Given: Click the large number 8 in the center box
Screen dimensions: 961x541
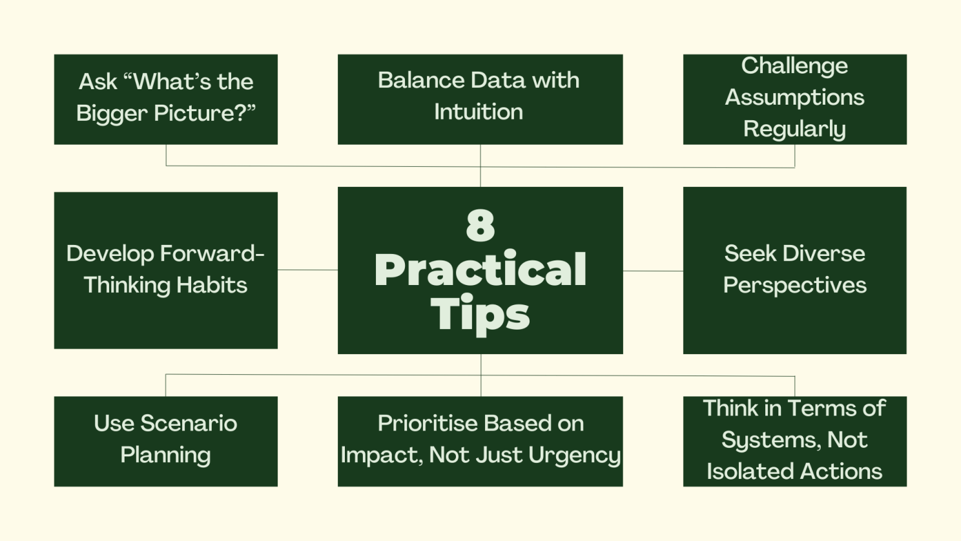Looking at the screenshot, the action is pyautogui.click(x=480, y=225).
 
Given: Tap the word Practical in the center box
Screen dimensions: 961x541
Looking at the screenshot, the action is pyautogui.click(x=480, y=270).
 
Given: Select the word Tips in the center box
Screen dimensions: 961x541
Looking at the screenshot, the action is pyautogui.click(x=480, y=314).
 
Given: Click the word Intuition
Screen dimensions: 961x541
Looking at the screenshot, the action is pyautogui.click(x=479, y=112).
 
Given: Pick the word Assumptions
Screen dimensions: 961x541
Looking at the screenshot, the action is pyautogui.click(x=794, y=98).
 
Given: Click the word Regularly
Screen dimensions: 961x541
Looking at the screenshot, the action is pyautogui.click(x=794, y=129).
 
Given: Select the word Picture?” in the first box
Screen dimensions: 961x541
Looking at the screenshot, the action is pyautogui.click(x=205, y=112).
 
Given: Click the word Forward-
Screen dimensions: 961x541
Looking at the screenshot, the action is pyautogui.click(x=212, y=253).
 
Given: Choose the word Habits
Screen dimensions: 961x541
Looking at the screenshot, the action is pyautogui.click(x=212, y=285).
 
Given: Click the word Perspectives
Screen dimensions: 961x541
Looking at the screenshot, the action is pyautogui.click(x=795, y=286).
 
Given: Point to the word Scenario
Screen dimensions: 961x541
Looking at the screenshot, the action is pyautogui.click(x=189, y=423).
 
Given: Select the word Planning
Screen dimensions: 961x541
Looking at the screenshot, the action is pyautogui.click(x=165, y=456).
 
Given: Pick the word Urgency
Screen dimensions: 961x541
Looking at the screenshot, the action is pyautogui.click(x=574, y=456).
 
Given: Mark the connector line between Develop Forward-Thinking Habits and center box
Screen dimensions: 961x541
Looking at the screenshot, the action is pyautogui.click(x=307, y=270).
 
